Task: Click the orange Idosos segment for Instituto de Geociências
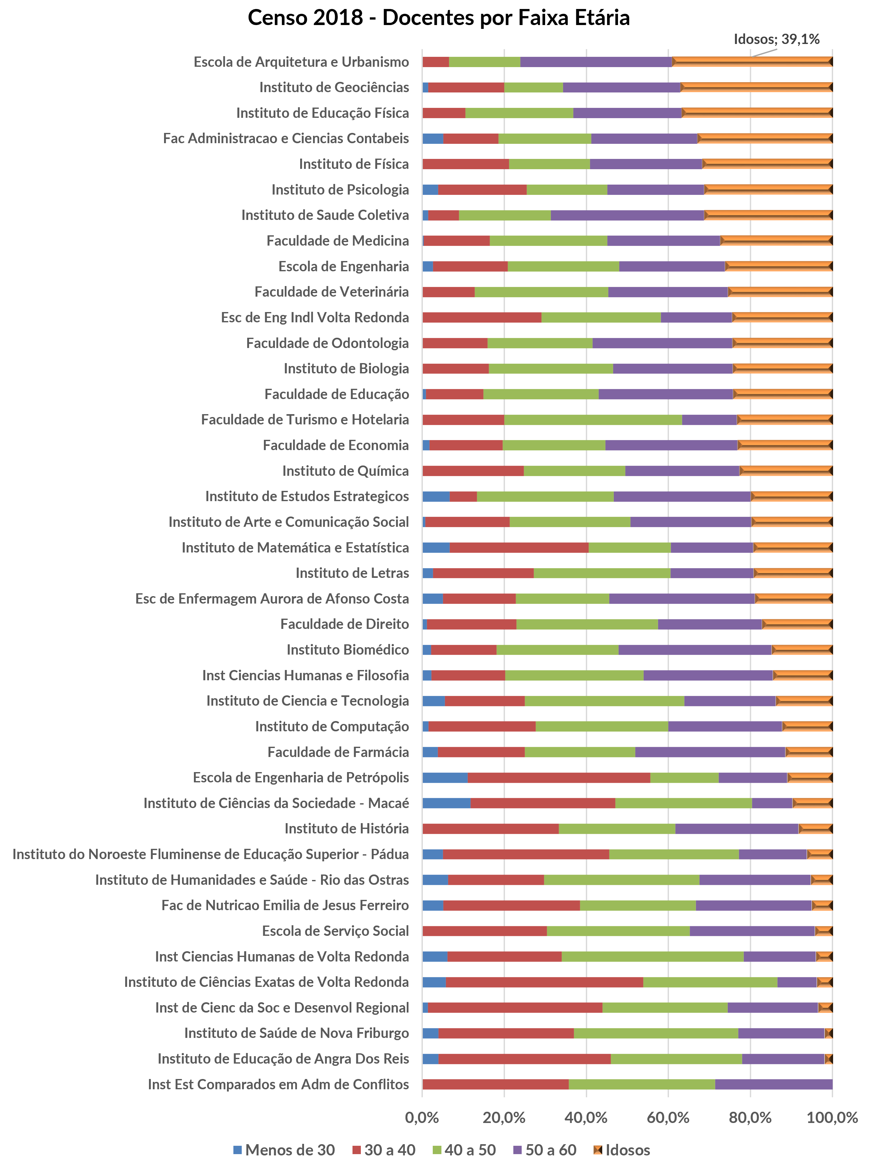[x=756, y=87]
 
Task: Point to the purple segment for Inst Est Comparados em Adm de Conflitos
[x=774, y=1084]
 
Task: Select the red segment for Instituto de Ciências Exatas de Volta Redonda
[x=544, y=982]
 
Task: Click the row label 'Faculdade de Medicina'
[x=338, y=241]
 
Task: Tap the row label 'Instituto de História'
[x=346, y=828]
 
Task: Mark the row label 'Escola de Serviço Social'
[x=335, y=931]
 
